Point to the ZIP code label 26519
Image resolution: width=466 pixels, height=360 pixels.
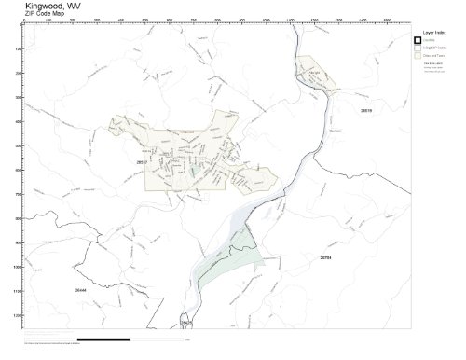[x=366, y=110]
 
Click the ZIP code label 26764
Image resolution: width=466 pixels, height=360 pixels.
[x=324, y=256]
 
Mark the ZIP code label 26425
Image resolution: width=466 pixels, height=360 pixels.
[x=185, y=323]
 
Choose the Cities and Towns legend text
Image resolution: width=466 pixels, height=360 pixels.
[x=434, y=57]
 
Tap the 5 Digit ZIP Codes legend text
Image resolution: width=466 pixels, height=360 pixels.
[x=435, y=48]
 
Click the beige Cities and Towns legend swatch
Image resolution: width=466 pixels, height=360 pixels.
[x=418, y=57]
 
